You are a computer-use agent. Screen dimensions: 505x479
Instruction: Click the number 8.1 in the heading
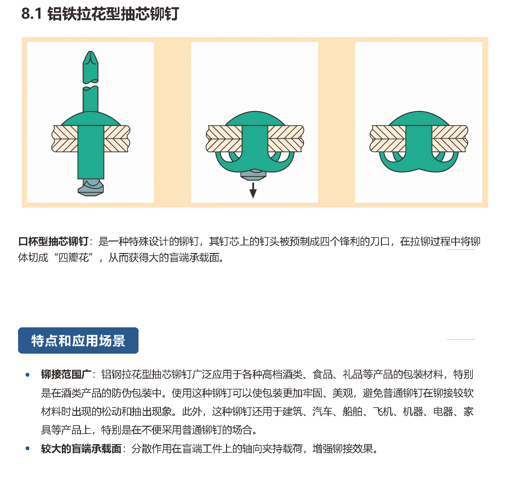32,14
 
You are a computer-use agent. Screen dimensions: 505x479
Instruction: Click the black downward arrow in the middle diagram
253,190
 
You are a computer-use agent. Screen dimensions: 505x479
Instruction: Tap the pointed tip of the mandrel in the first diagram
90,52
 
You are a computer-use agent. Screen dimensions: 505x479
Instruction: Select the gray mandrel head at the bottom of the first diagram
91,188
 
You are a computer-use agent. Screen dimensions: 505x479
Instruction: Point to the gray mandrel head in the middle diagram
253,175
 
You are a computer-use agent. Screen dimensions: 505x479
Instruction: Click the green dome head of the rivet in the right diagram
419,119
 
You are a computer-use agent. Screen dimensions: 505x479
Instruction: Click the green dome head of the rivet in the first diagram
91,119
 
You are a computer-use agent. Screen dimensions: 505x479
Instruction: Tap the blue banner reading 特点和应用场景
78,340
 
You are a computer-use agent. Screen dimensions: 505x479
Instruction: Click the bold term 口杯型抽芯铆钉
53,241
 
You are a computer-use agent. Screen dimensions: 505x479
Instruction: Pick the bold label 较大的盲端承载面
81,448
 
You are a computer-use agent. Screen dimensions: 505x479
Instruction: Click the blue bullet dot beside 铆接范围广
28,375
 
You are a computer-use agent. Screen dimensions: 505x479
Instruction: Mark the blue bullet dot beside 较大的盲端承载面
28,448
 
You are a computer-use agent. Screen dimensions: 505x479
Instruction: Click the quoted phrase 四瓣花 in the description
74,258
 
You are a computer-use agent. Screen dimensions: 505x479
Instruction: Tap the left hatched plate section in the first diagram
65,139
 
